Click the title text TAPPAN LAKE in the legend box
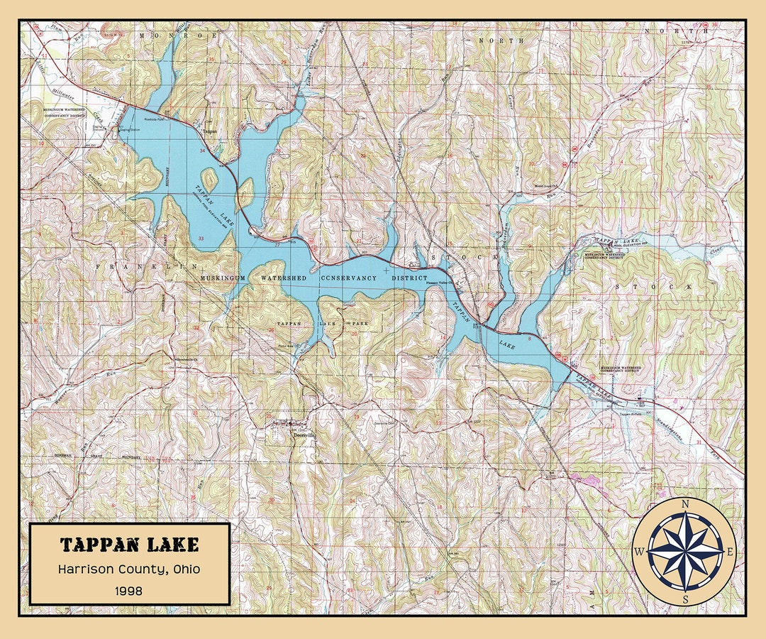(x=129, y=545)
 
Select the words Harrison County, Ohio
(x=129, y=569)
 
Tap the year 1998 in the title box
(x=129, y=590)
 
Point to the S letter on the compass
(x=685, y=599)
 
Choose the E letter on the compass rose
(x=731, y=552)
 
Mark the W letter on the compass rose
(x=639, y=552)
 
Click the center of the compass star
(x=685, y=552)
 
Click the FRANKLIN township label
(x=146, y=266)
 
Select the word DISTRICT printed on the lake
(x=404, y=278)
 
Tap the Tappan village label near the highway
(x=209, y=131)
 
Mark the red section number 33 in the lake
(x=202, y=238)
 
